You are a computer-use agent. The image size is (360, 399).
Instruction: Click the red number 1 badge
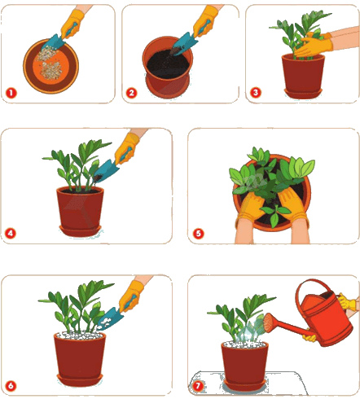(11, 93)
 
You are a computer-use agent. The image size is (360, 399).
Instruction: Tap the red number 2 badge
(132, 93)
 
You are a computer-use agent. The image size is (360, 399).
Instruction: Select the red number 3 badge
(256, 93)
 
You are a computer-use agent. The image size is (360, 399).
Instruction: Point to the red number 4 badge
(11, 233)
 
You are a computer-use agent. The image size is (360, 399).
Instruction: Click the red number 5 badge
(199, 234)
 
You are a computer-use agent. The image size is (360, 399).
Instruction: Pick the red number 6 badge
(11, 386)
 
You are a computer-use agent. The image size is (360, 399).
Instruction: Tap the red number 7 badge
(198, 386)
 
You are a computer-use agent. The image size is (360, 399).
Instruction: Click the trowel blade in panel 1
(55, 42)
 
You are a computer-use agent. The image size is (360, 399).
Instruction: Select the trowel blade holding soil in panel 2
(184, 43)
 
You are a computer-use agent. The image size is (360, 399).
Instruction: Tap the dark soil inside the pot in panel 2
(167, 64)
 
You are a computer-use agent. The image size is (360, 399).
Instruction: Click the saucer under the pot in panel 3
(303, 94)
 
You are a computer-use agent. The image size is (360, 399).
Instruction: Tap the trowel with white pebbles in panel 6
(110, 318)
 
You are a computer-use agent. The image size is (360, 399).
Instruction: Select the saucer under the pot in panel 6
(80, 380)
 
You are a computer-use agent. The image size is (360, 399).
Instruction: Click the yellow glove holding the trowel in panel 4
(127, 149)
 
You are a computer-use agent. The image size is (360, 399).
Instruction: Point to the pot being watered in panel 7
(244, 362)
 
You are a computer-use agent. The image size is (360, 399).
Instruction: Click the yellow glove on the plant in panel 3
(314, 46)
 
